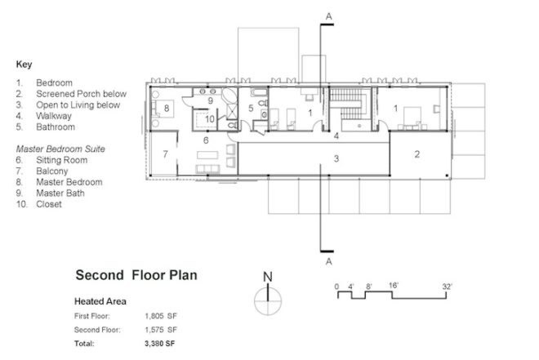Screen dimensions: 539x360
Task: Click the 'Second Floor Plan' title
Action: point(136,275)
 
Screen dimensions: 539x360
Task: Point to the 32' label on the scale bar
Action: point(448,287)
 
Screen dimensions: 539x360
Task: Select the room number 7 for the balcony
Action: point(165,154)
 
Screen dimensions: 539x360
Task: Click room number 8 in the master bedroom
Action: point(167,109)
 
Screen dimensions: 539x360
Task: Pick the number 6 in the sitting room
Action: point(206,140)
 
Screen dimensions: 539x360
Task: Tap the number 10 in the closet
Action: point(210,119)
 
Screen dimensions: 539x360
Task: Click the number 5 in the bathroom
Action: point(251,109)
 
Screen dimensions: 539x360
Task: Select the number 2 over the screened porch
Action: point(417,154)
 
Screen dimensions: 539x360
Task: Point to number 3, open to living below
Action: point(336,158)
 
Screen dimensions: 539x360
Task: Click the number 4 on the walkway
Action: point(336,136)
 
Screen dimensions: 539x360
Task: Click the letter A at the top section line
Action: point(329,16)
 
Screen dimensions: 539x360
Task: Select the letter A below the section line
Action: point(329,261)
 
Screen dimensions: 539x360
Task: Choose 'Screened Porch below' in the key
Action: point(81,94)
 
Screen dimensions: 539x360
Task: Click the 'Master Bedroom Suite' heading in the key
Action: point(60,149)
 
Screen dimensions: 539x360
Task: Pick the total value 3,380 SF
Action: point(160,343)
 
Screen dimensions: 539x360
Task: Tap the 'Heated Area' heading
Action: point(100,301)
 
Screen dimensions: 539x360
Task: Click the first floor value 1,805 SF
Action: point(161,316)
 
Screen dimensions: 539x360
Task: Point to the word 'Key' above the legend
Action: point(24,64)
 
